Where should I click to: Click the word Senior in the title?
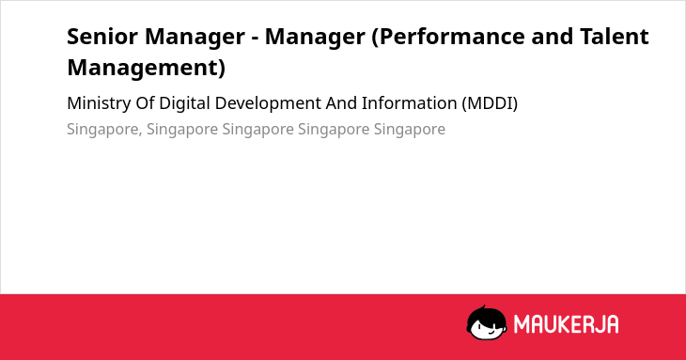click(101, 37)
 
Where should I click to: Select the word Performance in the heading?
click(451, 37)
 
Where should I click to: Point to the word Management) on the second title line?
click(146, 68)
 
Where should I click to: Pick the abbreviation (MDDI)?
click(490, 103)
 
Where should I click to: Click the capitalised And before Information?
click(341, 103)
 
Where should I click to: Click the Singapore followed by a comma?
click(104, 130)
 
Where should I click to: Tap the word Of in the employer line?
click(145, 103)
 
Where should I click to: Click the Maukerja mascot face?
click(487, 322)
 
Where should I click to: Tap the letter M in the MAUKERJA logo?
click(521, 324)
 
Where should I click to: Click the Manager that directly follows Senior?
click(195, 37)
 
